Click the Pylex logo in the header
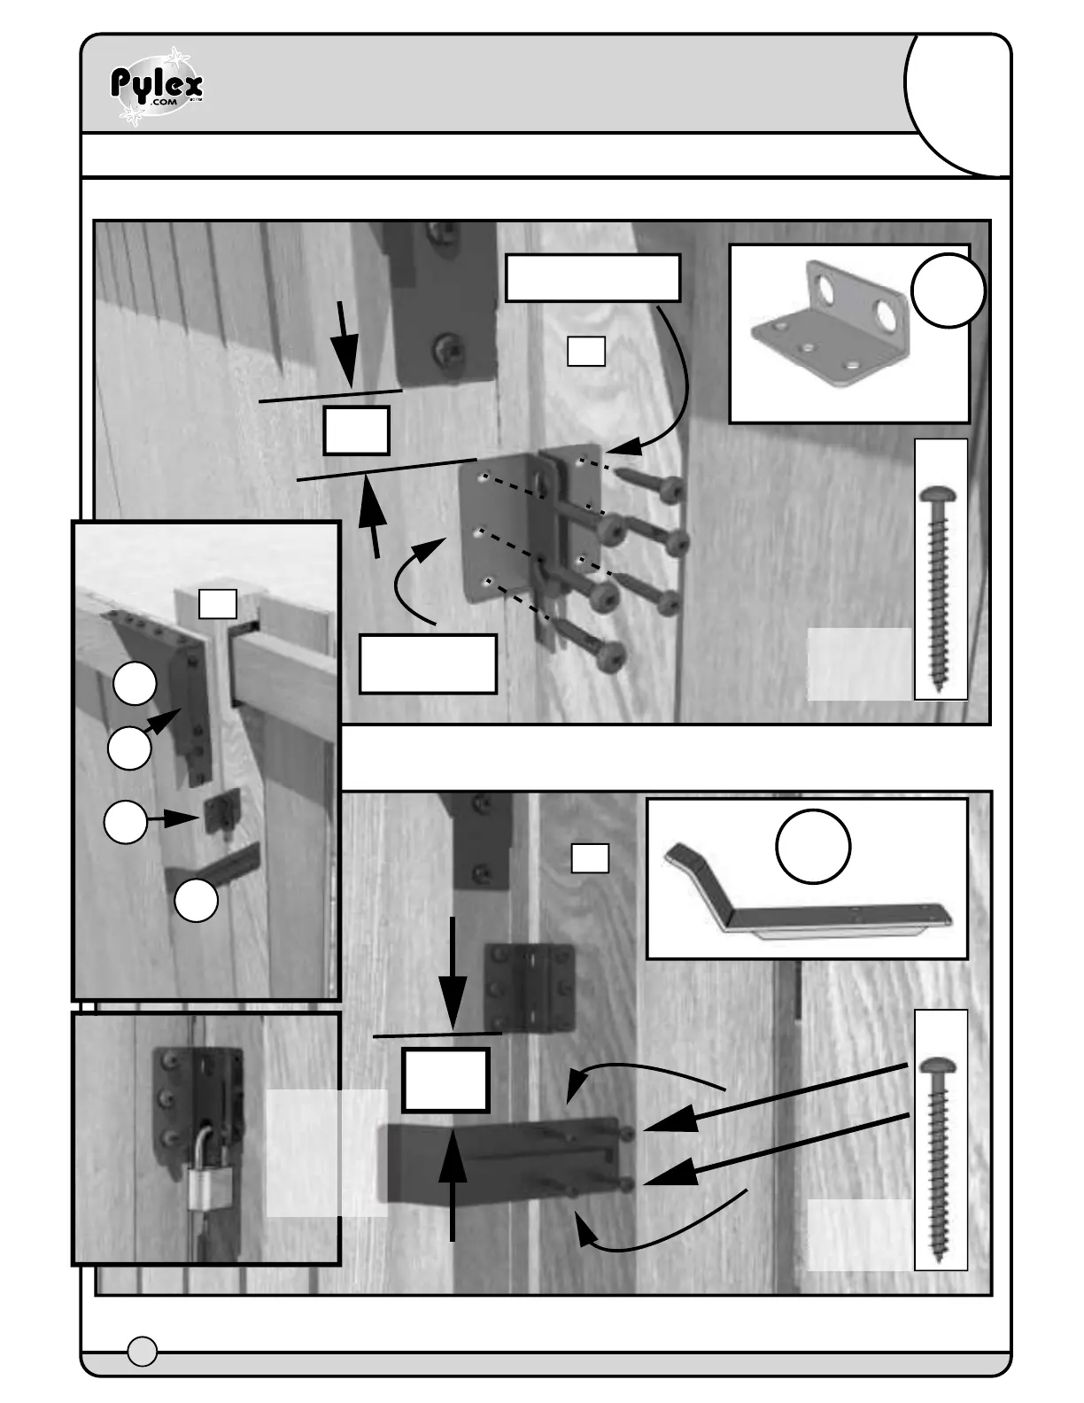pyautogui.click(x=157, y=87)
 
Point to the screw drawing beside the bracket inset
pyautogui.click(x=941, y=569)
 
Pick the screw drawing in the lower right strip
pyautogui.click(x=941, y=1139)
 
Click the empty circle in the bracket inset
pyautogui.click(x=948, y=291)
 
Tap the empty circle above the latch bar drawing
pyautogui.click(x=813, y=846)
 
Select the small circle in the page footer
pyautogui.click(x=143, y=1351)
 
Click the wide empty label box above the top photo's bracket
pyautogui.click(x=592, y=278)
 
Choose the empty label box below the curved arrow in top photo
pyautogui.click(x=428, y=663)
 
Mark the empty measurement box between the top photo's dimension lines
pyautogui.click(x=356, y=430)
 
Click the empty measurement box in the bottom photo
pyautogui.click(x=445, y=1080)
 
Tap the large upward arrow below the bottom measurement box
pyautogui.click(x=453, y=1182)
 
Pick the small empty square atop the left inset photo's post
pyautogui.click(x=217, y=604)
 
